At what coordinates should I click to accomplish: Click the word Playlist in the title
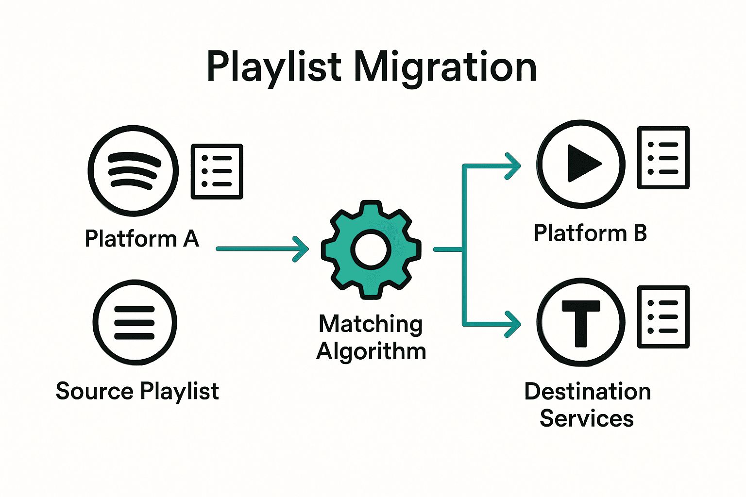coord(274,67)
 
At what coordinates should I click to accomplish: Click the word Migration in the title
coord(445,67)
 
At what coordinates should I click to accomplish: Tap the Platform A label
coord(142,239)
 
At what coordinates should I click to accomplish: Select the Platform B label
coord(590,233)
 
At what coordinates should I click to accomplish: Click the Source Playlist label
coord(137,391)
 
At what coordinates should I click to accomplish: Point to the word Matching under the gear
coord(371,324)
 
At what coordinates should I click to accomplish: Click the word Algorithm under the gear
coord(371,351)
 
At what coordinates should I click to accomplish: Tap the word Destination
coord(588,391)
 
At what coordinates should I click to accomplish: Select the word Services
coord(587,418)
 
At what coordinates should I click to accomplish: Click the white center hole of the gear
coord(371,250)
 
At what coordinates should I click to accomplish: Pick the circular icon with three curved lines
coord(133,171)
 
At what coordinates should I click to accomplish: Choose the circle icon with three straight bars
coord(135,323)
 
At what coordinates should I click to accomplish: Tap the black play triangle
coord(583,164)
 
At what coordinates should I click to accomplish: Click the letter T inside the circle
coord(581,322)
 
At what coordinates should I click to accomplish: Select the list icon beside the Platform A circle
coord(217,171)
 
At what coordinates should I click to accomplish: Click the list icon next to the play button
coord(663,158)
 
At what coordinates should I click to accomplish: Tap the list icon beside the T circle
coord(663,317)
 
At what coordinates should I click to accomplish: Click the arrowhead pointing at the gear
coord(302,249)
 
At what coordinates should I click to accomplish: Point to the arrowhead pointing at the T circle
coord(513,324)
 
